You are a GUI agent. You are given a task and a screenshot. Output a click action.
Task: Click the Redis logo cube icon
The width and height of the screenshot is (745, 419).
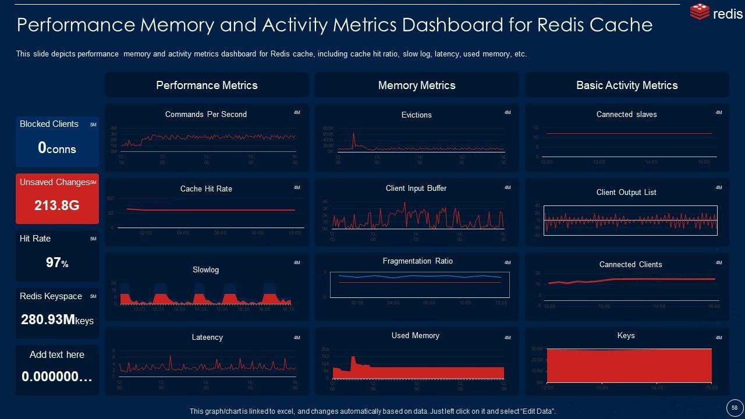click(x=699, y=12)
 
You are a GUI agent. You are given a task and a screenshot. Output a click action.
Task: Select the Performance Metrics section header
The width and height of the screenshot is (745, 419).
click(x=207, y=85)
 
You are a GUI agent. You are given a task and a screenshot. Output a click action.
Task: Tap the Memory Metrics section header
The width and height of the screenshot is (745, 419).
click(x=417, y=85)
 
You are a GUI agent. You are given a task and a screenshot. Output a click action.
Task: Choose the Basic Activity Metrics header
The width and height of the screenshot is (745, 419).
click(x=627, y=85)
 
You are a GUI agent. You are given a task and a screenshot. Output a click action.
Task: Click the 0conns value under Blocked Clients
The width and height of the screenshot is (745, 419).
click(x=57, y=148)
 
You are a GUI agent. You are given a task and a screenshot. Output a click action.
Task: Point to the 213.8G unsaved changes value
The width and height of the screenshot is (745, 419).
click(x=57, y=205)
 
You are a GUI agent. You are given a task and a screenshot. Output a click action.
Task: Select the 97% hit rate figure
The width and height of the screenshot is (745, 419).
click(x=57, y=262)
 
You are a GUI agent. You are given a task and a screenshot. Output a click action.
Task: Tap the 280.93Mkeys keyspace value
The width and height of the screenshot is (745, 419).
click(x=57, y=319)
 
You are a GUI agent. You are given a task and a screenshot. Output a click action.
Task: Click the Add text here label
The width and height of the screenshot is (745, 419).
click(x=57, y=354)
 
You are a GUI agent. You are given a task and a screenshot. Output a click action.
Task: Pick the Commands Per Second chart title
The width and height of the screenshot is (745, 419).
click(x=206, y=114)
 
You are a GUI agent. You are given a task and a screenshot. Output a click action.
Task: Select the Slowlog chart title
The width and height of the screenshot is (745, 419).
click(x=205, y=269)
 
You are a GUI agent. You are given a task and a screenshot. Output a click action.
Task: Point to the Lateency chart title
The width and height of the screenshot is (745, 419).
click(x=207, y=337)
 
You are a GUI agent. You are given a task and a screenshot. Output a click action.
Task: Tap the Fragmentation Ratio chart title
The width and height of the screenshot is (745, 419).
click(x=417, y=261)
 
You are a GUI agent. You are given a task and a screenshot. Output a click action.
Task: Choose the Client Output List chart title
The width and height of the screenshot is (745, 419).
click(x=626, y=192)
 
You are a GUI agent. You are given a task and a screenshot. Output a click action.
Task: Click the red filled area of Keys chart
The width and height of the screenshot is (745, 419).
click(x=629, y=365)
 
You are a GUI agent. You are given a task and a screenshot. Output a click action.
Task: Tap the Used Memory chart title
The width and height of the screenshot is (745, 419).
click(x=416, y=335)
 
